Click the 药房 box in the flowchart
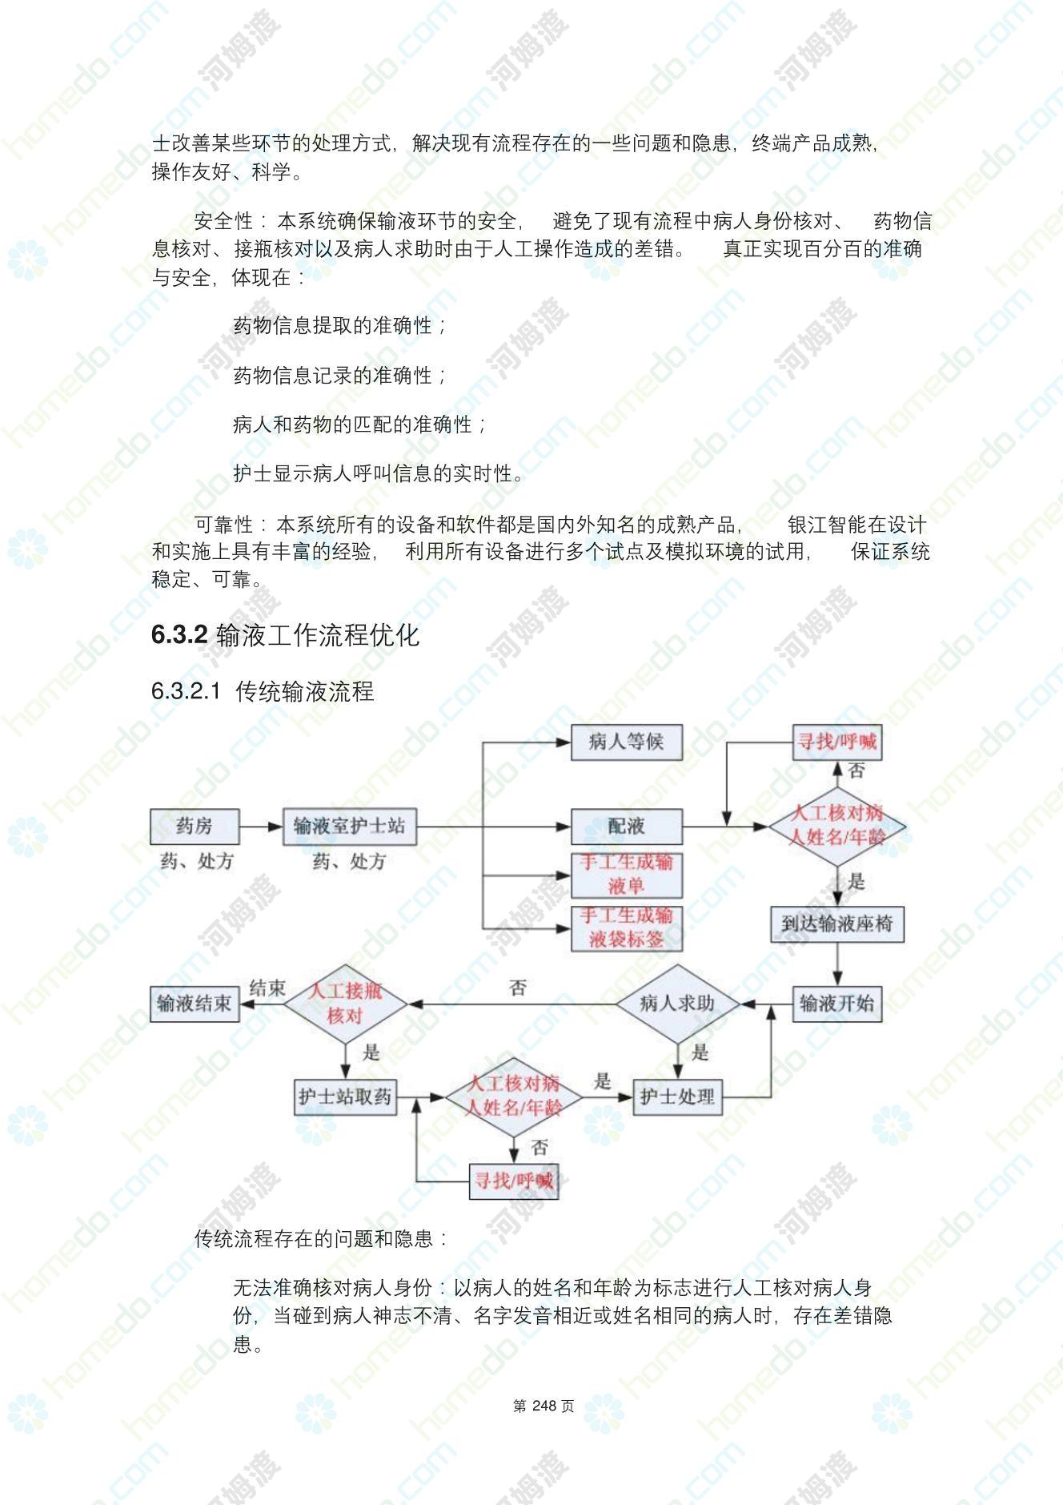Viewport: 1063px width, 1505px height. click(x=195, y=826)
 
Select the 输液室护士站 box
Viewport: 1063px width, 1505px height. click(x=350, y=826)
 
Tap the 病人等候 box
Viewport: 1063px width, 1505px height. click(x=626, y=742)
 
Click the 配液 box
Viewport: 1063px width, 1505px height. click(x=626, y=826)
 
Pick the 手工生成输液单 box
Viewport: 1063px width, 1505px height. click(x=626, y=875)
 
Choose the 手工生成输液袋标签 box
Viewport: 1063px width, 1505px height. click(x=626, y=928)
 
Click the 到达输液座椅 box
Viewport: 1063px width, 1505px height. click(x=837, y=924)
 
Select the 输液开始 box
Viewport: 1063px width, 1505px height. click(x=837, y=1004)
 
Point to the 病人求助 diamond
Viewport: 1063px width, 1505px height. click(x=677, y=1004)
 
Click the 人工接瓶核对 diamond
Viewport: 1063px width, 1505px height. click(x=345, y=1004)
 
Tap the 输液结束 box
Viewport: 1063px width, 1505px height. click(x=195, y=1004)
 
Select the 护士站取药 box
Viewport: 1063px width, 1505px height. click(x=345, y=1097)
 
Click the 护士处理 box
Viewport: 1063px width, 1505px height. click(x=677, y=1097)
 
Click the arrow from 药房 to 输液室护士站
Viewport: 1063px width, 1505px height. click(x=262, y=826)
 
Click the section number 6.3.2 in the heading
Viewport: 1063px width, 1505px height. click(x=179, y=635)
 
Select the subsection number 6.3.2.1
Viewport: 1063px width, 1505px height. click(x=186, y=691)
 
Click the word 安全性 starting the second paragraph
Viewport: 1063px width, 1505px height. click(x=223, y=221)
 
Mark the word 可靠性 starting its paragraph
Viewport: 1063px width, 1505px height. click(x=223, y=525)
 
